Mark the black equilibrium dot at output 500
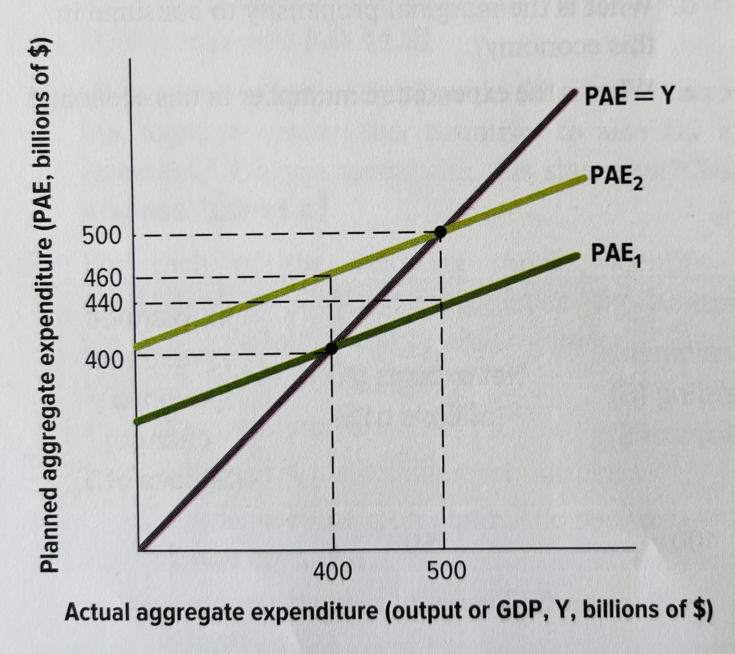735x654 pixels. coord(440,232)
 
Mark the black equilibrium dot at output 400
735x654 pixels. coord(331,348)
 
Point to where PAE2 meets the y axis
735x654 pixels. coord(136,347)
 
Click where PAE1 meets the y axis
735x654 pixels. coord(136,421)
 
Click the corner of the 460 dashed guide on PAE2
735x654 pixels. coord(330,276)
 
